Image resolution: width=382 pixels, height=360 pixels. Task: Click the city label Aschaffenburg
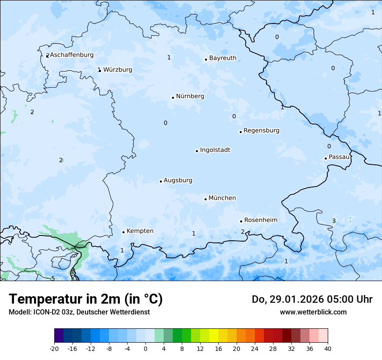tap(72, 55)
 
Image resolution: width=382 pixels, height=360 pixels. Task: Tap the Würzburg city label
tap(118, 70)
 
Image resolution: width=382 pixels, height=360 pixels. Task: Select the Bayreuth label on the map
tap(223, 58)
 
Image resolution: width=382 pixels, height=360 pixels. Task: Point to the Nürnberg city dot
tap(173, 98)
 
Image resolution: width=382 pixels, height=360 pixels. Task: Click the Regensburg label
tap(261, 131)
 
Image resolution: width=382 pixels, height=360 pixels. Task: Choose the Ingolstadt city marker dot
tap(197, 151)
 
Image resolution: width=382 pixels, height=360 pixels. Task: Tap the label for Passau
tap(339, 157)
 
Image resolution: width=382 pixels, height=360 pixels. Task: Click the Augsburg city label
tap(178, 180)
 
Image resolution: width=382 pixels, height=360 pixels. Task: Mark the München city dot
tap(205, 199)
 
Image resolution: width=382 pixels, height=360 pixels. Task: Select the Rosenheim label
tap(260, 220)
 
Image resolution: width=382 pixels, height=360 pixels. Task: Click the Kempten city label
tap(140, 231)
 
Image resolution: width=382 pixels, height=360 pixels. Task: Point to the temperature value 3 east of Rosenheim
tap(334, 221)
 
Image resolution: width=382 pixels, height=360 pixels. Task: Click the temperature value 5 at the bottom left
tap(53, 278)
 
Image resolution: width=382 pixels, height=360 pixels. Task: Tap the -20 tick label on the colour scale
tap(54, 349)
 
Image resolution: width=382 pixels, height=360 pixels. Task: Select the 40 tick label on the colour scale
tap(328, 349)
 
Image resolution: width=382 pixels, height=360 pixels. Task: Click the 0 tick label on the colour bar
tap(145, 349)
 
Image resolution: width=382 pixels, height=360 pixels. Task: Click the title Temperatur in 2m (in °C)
tap(86, 299)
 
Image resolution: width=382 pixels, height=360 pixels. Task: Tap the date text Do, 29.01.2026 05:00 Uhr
tap(312, 299)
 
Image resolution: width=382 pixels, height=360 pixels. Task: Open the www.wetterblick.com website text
tap(313, 312)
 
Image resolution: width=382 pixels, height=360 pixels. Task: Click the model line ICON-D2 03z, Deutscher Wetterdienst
tap(79, 312)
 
